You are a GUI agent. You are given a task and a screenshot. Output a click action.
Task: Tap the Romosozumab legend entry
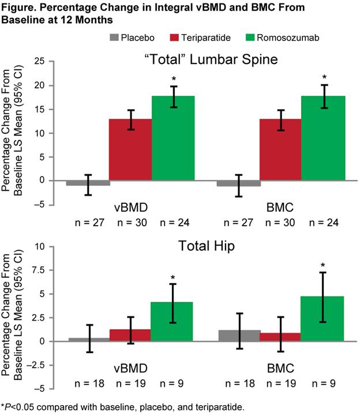coord(276,39)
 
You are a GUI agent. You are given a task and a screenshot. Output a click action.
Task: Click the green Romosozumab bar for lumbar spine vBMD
coord(174,139)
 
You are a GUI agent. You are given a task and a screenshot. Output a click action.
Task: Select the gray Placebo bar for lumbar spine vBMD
coord(88,183)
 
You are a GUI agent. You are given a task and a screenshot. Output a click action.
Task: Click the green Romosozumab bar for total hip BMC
coord(324,319)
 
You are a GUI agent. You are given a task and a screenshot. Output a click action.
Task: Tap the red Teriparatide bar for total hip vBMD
coord(131,335)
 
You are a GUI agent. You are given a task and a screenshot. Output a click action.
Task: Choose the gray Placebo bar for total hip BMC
coord(239,336)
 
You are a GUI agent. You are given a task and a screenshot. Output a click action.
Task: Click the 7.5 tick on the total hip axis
coord(37,270)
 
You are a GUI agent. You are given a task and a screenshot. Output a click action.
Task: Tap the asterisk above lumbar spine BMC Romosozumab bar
coord(324,77)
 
